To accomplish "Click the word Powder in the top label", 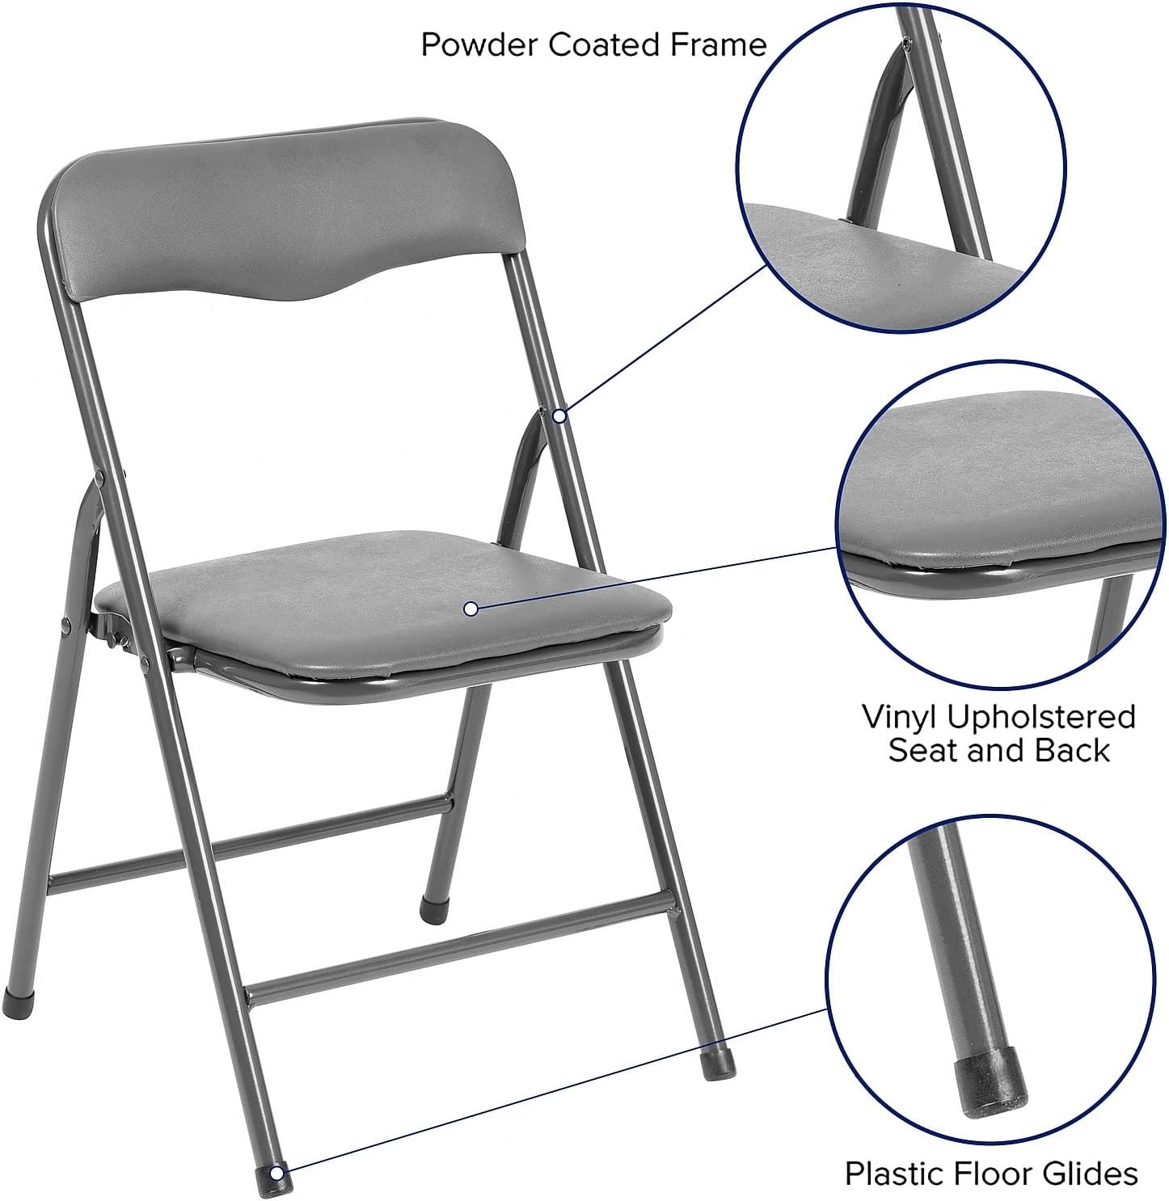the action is click(x=479, y=45).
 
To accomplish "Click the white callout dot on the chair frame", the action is click(x=559, y=416).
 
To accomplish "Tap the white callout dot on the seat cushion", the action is click(x=471, y=609).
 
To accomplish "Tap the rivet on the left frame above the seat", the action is click(x=99, y=476).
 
